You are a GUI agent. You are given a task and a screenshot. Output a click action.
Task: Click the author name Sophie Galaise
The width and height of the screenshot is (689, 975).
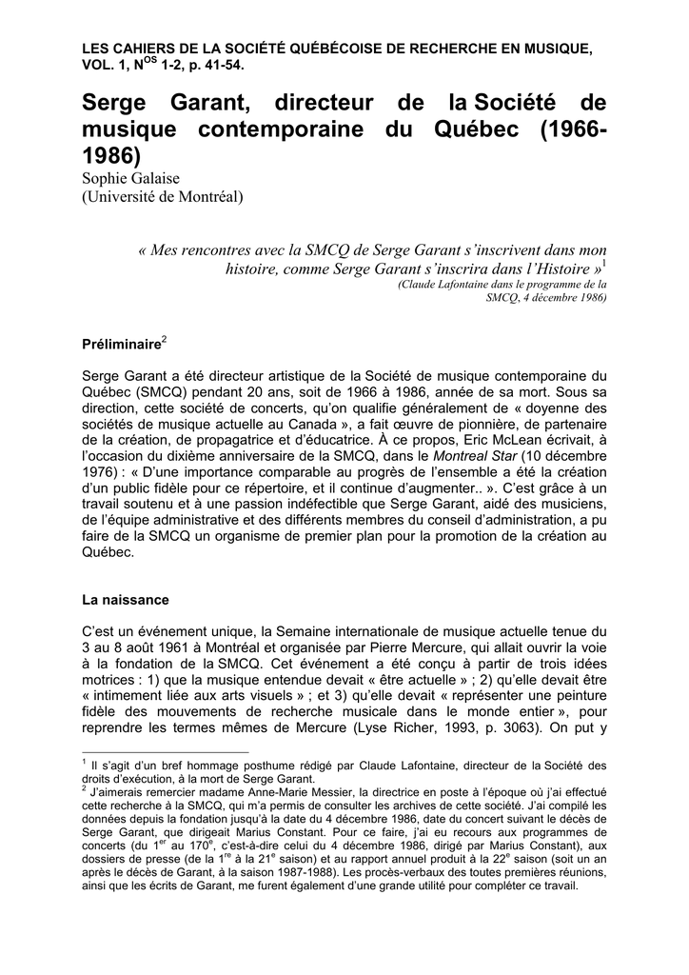point(136,179)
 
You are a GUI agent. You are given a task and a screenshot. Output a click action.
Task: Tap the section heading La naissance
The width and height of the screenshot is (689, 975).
point(125,600)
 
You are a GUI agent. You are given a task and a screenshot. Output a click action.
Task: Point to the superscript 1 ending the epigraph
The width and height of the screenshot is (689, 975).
point(605,264)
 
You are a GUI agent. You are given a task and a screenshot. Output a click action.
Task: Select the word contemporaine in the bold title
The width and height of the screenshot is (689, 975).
point(285,129)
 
